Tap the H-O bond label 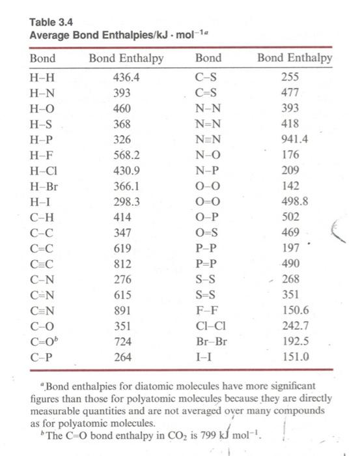click(42, 107)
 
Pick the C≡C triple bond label click(42, 264)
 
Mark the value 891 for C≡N click(122, 311)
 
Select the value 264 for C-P click(122, 357)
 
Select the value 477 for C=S click(290, 92)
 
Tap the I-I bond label click(203, 357)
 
